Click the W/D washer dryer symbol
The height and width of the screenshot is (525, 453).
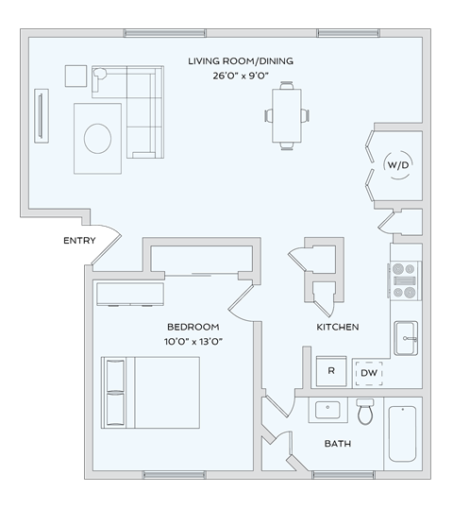(397, 165)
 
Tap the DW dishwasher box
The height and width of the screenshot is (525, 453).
(368, 372)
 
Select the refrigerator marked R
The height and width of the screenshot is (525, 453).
(331, 371)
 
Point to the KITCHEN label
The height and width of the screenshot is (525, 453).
(337, 327)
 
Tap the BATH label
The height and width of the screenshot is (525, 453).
(337, 443)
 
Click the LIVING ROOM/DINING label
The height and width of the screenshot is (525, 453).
(240, 61)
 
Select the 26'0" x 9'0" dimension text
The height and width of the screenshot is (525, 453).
(240, 76)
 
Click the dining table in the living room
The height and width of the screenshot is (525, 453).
(287, 114)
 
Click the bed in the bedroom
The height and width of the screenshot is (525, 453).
(151, 393)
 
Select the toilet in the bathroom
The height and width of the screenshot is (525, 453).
(366, 412)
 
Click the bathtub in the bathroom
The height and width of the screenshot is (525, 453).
(402, 434)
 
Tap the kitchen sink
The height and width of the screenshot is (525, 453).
(406, 337)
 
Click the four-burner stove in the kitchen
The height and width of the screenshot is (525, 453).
(405, 280)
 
